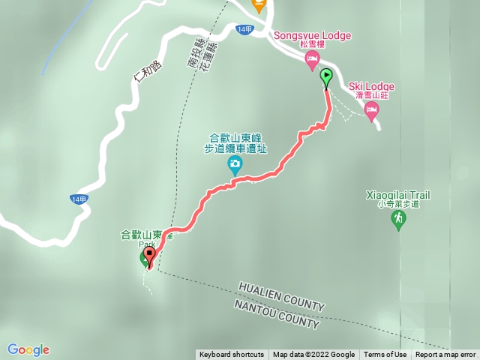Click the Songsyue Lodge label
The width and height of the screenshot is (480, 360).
(x=313, y=35)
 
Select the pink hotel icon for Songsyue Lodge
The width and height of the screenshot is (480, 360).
(x=313, y=61)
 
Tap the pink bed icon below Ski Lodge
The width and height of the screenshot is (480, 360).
(x=371, y=110)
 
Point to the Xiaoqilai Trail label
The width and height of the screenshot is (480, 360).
(x=397, y=195)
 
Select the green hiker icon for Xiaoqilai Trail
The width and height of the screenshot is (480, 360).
(x=398, y=220)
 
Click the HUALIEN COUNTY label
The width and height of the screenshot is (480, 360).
(x=281, y=296)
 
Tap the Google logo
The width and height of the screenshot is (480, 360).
(x=28, y=349)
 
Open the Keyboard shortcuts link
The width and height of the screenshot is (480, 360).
(x=232, y=355)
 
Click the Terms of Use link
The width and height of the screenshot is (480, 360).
(x=385, y=355)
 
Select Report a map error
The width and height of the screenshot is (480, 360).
(x=445, y=355)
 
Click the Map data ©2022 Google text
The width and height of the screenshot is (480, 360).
(x=313, y=355)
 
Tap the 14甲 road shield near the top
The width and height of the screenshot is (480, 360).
(x=243, y=28)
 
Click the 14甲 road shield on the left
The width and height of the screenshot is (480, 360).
(x=79, y=199)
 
